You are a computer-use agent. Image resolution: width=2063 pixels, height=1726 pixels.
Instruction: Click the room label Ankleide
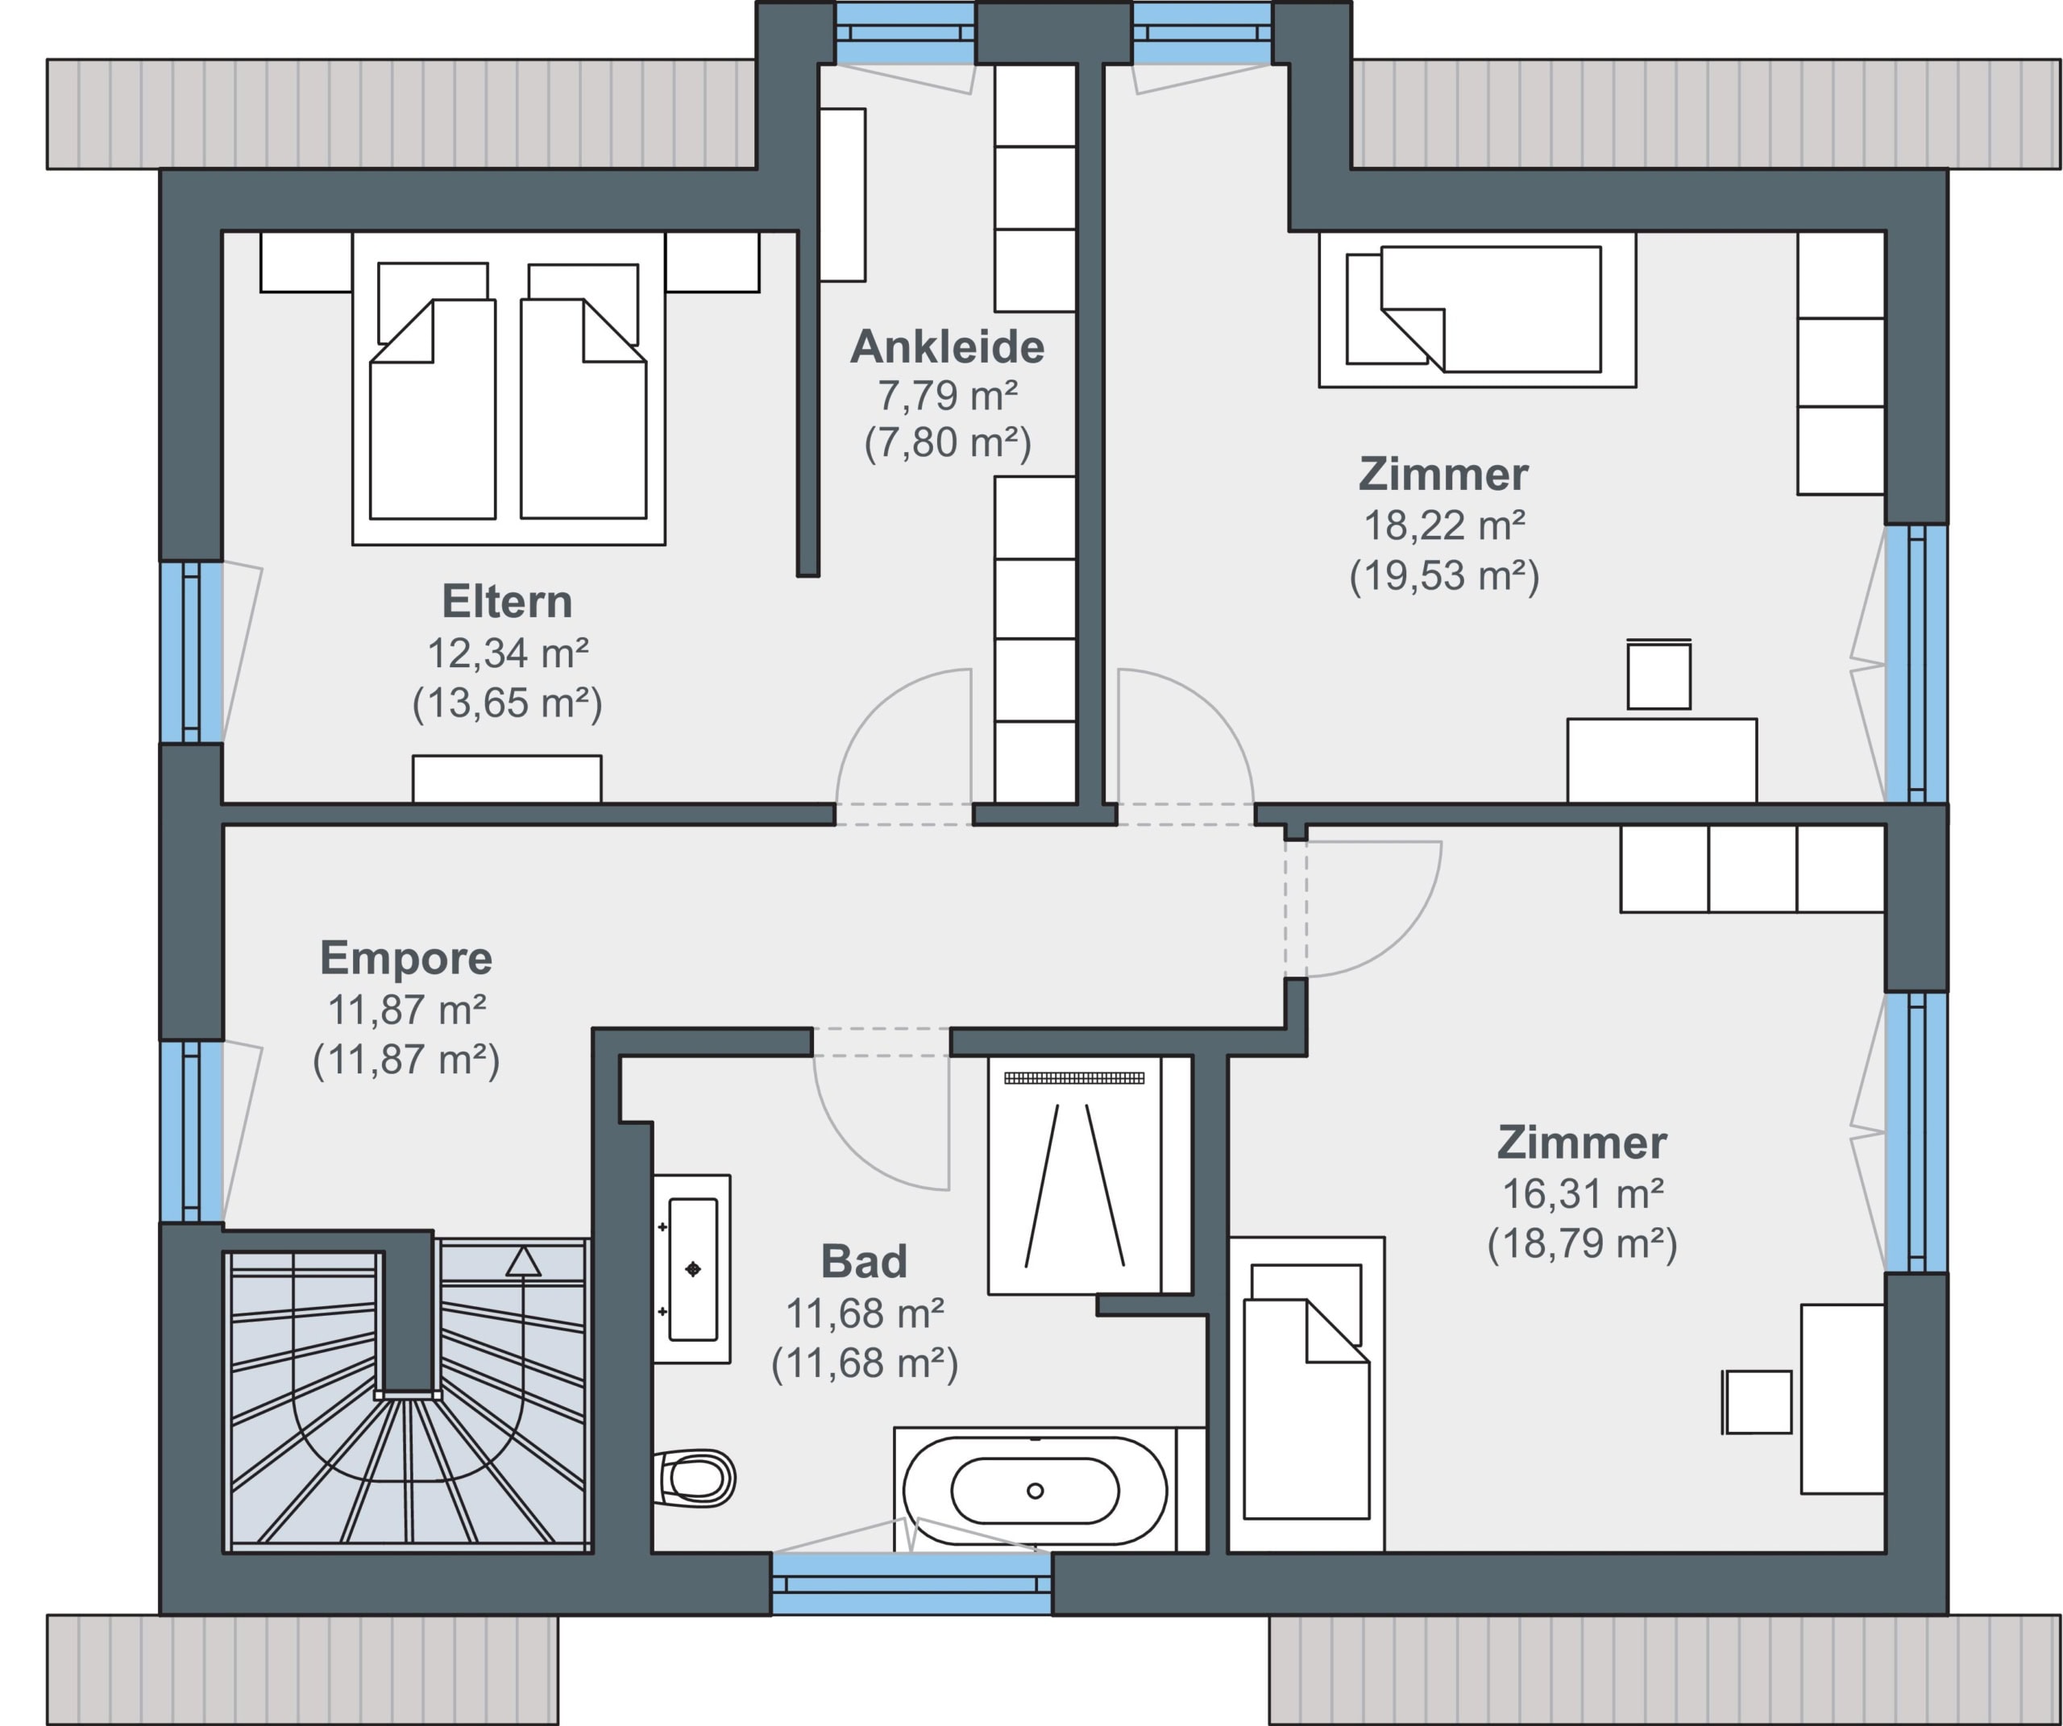[x=947, y=346]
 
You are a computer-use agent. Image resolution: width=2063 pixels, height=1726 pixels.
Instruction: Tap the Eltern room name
[x=507, y=601]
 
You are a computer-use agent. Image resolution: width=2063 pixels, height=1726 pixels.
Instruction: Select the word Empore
[x=405, y=958]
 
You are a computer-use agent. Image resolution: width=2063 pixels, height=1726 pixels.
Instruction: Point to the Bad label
[x=864, y=1261]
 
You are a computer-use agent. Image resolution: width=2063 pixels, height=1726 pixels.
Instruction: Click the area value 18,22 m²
[x=1444, y=525]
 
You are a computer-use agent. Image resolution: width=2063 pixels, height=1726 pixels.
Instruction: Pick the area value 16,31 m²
[x=1583, y=1193]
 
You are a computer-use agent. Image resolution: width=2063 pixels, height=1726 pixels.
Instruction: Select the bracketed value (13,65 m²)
[x=507, y=703]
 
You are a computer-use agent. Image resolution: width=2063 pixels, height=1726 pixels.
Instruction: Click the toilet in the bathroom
[x=695, y=1479]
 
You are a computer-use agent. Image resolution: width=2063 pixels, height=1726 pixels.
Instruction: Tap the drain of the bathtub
[x=1035, y=1492]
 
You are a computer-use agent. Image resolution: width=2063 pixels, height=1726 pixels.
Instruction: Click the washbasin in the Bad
[x=692, y=1268]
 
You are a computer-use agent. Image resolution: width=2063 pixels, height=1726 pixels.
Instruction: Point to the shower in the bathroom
[x=1075, y=1175]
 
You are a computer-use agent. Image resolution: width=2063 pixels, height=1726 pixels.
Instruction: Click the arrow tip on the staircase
[x=523, y=1250]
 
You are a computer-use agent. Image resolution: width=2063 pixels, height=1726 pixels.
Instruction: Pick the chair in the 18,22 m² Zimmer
[x=1659, y=674]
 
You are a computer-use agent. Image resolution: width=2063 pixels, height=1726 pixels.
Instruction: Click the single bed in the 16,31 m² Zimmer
[x=1306, y=1394]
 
